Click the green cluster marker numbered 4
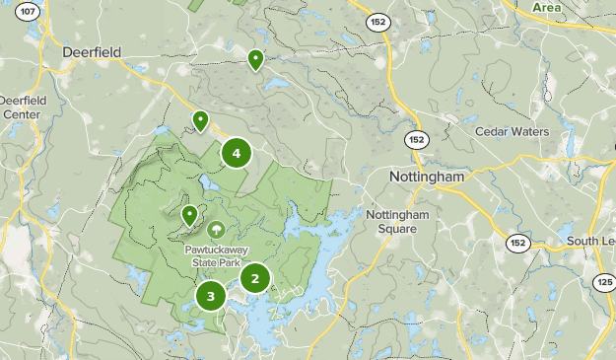coord(237,153)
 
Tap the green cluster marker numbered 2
coord(255,278)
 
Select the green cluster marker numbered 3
coord(211,296)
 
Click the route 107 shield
coord(29,12)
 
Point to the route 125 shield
coord(604,283)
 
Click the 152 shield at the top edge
coord(377,20)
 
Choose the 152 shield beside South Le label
coord(516,242)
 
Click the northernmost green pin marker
coord(256,60)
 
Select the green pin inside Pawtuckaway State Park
coord(189,214)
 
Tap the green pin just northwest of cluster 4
coord(200,120)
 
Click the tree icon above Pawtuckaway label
coord(216,231)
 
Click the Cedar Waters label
coord(511,131)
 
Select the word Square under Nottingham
coord(397,229)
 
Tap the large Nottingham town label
coord(426,177)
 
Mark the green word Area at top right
coord(547,7)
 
